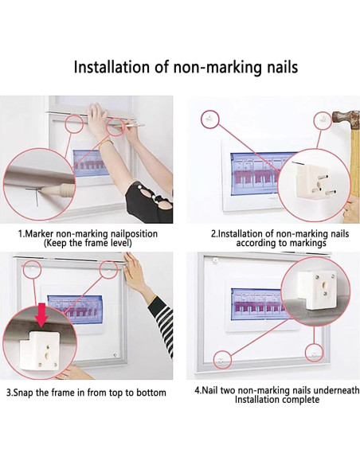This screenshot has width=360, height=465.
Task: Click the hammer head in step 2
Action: coord(346,120)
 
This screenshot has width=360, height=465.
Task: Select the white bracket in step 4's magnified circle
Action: coord(317,291)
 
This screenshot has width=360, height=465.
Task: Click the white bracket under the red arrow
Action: coord(40,350)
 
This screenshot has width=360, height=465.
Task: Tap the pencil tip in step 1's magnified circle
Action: coord(42,189)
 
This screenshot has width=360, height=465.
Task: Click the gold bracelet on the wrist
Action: coord(104,143)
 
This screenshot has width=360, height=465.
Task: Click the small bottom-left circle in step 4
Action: coord(222,360)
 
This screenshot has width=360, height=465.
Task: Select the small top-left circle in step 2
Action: coord(210,119)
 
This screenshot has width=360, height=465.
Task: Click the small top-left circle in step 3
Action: coord(33,269)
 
